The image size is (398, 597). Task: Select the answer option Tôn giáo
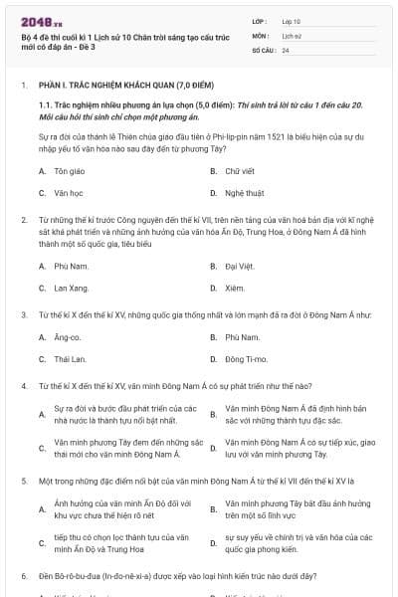[x=68, y=171]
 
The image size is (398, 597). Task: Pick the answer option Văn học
[x=68, y=192]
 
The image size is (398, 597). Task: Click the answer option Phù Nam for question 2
[x=68, y=267]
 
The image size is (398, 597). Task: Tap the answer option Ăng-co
[x=68, y=338]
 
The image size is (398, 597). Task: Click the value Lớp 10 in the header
[x=291, y=20]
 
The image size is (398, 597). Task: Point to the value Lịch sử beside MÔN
[x=292, y=34]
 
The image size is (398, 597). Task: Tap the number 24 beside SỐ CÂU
[x=286, y=48]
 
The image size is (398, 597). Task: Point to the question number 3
[x=23, y=314]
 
